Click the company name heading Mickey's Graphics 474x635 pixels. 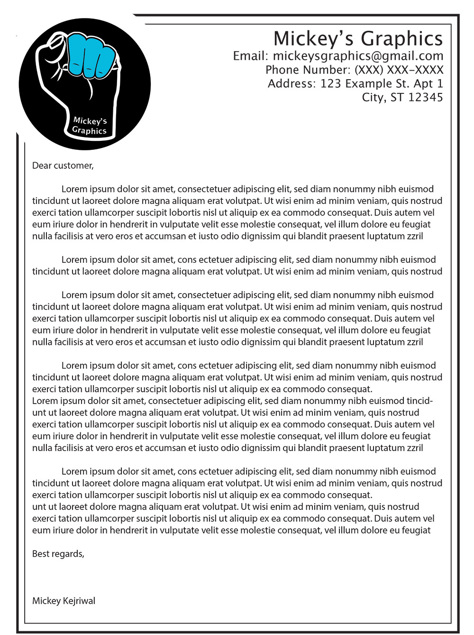point(358,39)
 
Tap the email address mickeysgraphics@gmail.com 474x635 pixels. point(358,56)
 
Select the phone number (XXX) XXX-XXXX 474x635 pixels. point(399,70)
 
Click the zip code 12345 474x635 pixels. point(425,98)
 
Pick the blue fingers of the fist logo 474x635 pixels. point(91,55)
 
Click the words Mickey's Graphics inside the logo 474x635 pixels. point(90,126)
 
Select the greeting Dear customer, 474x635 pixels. point(63,166)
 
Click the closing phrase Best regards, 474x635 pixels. point(58,553)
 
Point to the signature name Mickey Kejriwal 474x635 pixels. point(64,601)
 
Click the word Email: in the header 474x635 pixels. point(251,56)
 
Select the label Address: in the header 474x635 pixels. point(292,84)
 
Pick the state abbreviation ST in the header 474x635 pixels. point(397,98)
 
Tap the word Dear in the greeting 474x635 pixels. point(42,166)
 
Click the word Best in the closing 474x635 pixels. point(41,553)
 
